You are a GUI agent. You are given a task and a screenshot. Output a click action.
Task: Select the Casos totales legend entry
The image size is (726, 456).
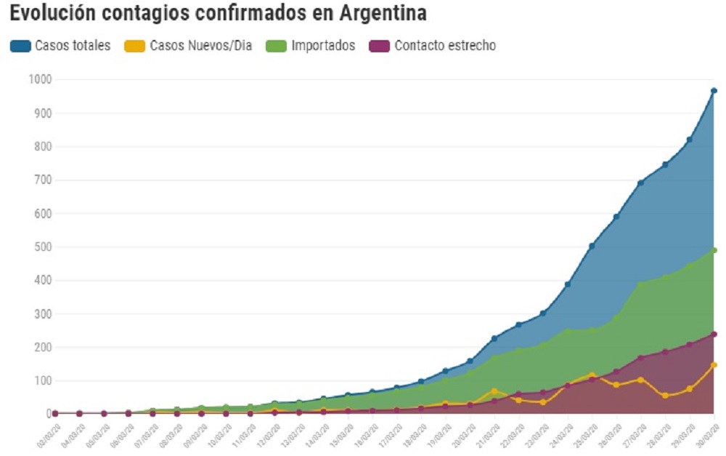tap(62, 46)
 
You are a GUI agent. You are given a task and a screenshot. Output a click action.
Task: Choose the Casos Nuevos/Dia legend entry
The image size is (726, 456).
tap(190, 46)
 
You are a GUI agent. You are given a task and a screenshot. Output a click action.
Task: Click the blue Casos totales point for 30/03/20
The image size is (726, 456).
tap(714, 91)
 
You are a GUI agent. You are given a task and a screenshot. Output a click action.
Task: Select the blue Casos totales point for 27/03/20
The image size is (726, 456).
tap(640, 183)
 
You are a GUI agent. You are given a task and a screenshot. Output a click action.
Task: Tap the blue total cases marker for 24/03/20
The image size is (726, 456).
tap(567, 284)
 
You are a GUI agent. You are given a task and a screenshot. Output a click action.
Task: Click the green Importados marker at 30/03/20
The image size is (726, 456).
tap(714, 250)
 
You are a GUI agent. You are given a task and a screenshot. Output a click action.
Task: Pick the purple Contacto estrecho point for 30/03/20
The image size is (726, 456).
tap(714, 335)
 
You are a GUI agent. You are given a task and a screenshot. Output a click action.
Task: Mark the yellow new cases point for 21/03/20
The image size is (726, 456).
tap(494, 391)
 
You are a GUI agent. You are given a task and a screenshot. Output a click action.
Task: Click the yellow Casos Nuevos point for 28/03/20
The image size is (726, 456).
tap(665, 396)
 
